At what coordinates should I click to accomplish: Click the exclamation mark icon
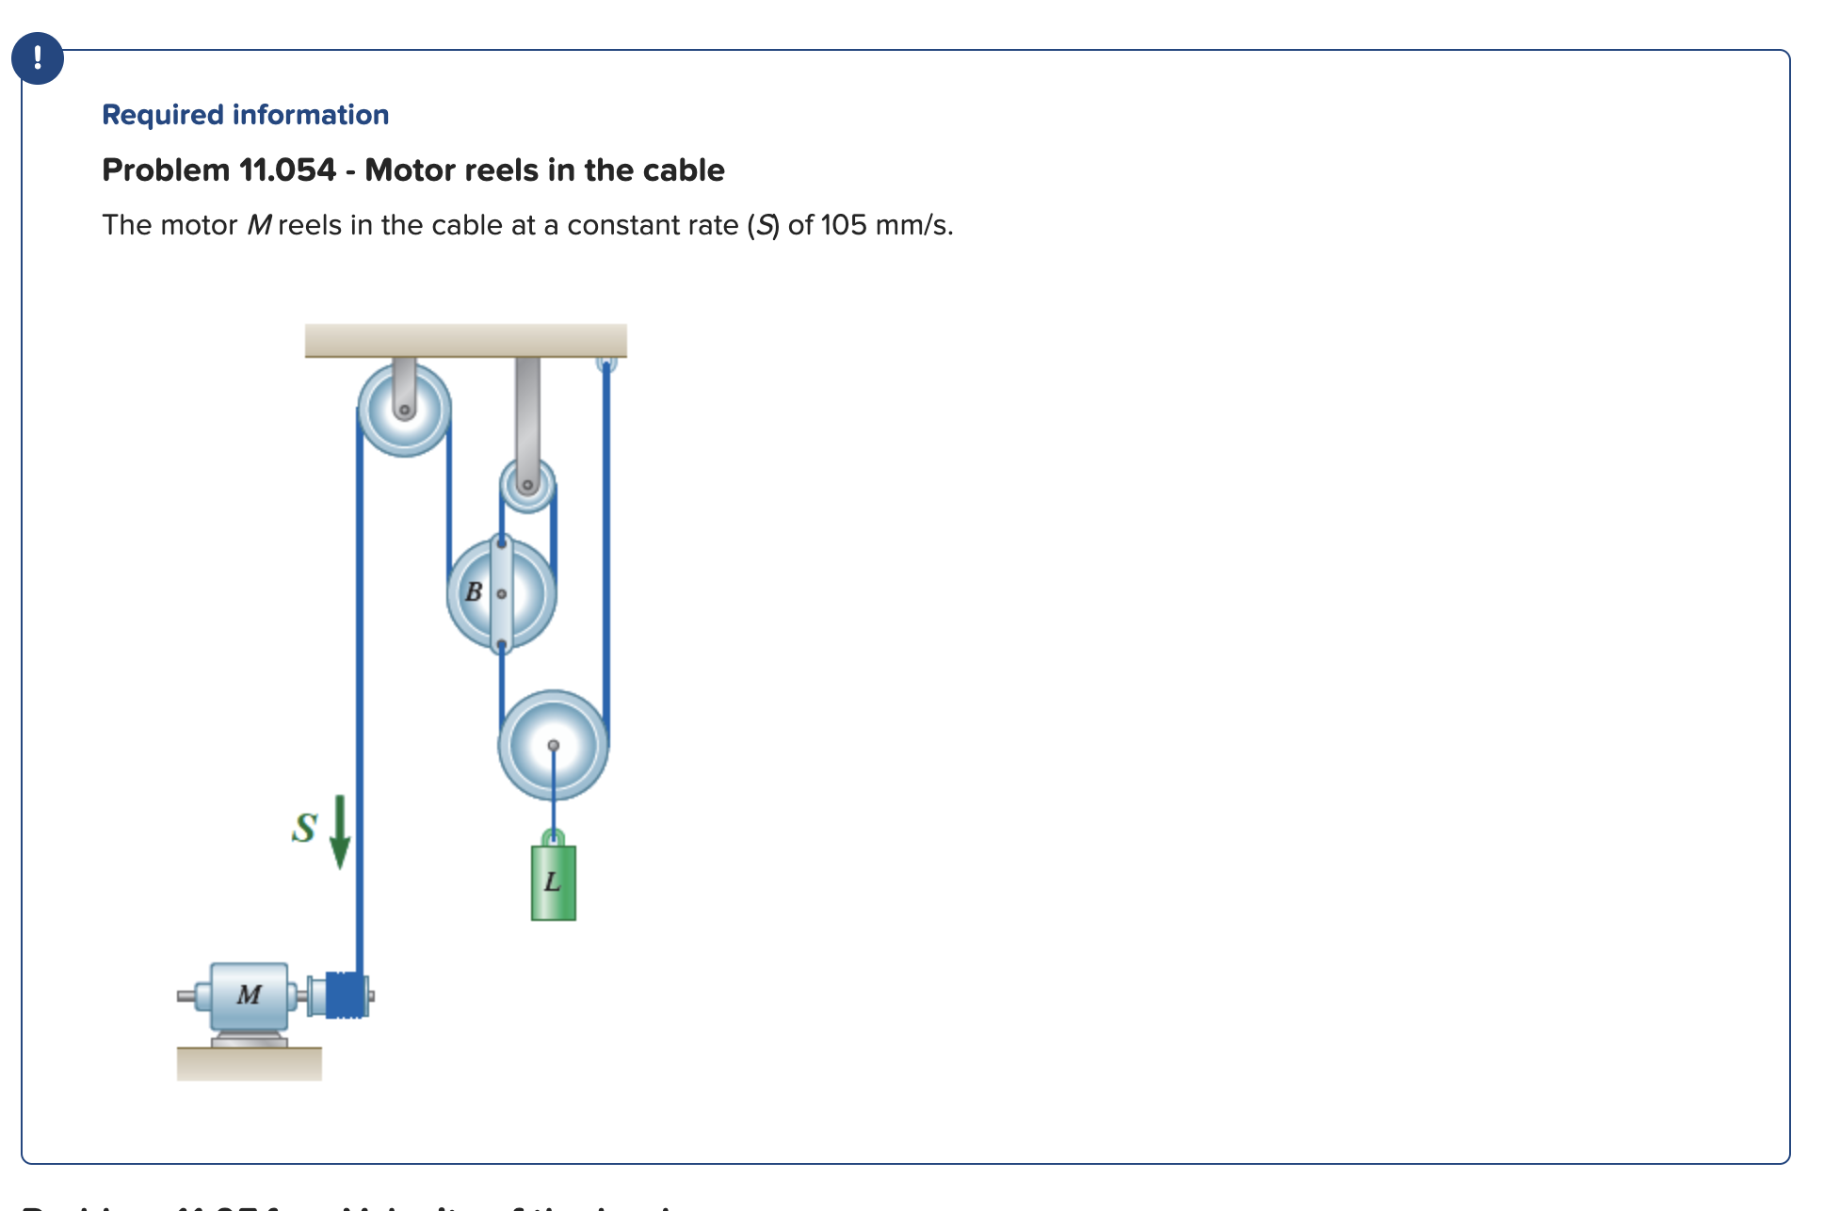(x=38, y=58)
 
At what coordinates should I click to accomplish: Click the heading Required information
(x=245, y=115)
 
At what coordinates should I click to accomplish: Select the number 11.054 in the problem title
(x=287, y=170)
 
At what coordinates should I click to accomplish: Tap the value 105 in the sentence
(x=843, y=226)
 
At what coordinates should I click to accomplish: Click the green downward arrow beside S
(x=340, y=832)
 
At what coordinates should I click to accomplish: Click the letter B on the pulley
(x=474, y=592)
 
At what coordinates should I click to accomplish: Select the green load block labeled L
(x=554, y=883)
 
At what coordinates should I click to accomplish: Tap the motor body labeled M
(x=249, y=995)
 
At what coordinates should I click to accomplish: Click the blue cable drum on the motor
(x=345, y=995)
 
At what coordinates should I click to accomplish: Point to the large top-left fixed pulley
(x=404, y=410)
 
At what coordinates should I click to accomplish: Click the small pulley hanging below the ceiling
(x=527, y=486)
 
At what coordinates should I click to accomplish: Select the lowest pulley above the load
(x=553, y=746)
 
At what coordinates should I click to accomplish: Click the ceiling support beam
(x=465, y=340)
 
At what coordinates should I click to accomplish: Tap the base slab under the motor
(x=249, y=1063)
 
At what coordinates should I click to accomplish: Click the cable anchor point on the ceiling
(x=606, y=363)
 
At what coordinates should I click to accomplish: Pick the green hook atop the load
(x=554, y=837)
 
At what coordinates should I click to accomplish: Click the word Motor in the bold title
(x=407, y=170)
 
